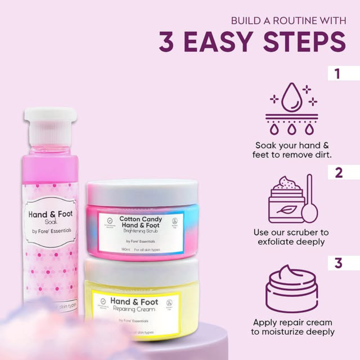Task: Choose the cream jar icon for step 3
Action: [291, 288]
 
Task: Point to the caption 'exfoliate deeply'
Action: [291, 241]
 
